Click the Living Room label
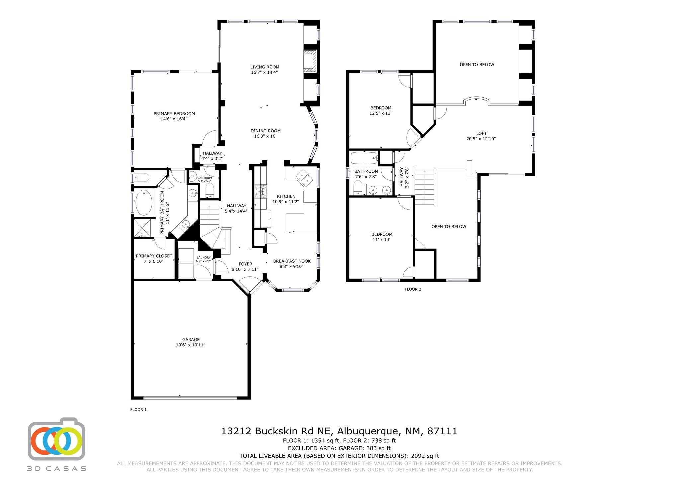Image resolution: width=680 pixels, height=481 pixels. [265, 67]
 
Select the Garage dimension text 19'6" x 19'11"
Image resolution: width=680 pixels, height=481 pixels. [191, 345]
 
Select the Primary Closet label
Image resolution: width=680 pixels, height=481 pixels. [154, 256]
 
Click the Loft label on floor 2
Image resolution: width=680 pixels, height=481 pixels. [481, 133]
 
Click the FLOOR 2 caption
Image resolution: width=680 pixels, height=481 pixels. [413, 289]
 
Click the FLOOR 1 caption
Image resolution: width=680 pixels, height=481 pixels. [138, 410]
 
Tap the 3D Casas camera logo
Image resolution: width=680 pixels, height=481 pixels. [56, 440]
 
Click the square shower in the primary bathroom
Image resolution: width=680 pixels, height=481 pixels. [142, 228]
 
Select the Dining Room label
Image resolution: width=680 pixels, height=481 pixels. [265, 131]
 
